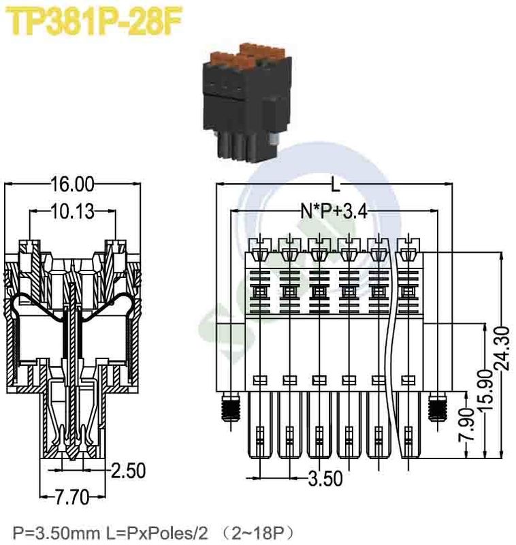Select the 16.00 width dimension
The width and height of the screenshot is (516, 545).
tap(72, 183)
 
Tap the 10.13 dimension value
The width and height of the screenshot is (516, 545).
tap(71, 212)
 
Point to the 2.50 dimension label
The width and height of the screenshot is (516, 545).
tap(129, 471)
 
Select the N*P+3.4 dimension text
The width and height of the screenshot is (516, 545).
tap(334, 212)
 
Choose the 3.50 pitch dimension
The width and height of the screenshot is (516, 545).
tap(325, 479)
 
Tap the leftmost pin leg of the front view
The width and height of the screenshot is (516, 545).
tap(260, 426)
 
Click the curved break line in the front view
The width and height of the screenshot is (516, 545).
tap(392, 341)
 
